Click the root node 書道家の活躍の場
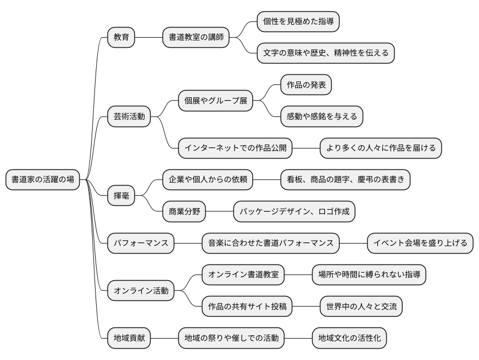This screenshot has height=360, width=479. [43, 180]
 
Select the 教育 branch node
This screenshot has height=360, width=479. [121, 37]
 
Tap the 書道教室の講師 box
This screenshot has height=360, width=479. [196, 37]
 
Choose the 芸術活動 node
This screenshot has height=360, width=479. [129, 116]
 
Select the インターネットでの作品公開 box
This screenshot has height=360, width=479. [235, 148]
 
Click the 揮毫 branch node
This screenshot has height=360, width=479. [121, 196]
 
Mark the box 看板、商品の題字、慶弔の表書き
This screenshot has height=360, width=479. [345, 180]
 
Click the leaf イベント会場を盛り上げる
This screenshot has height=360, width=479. [421, 244]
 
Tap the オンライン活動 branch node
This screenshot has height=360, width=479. [141, 291]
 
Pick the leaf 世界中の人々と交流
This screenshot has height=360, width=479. [361, 307]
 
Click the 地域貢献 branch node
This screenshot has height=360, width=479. [129, 339]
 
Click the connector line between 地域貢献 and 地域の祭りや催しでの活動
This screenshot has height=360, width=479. [165, 339]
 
